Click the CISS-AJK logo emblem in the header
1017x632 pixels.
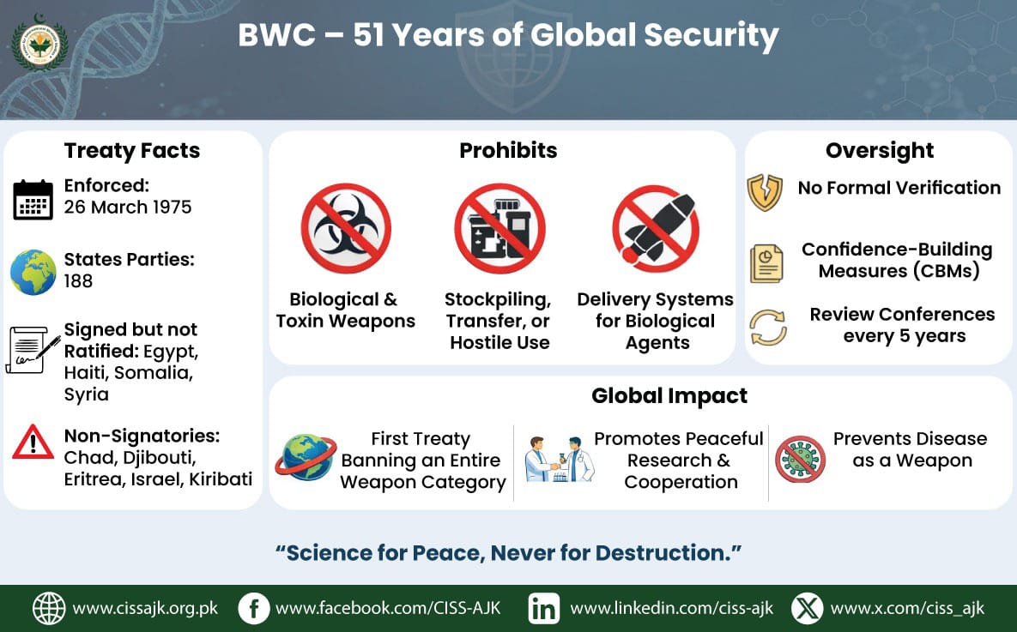click(x=39, y=44)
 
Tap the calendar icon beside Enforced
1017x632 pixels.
click(x=33, y=200)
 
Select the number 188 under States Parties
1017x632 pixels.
click(x=78, y=281)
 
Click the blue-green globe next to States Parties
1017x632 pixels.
click(x=33, y=272)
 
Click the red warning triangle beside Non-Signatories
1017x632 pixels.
click(x=33, y=442)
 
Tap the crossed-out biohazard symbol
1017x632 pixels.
click(x=346, y=228)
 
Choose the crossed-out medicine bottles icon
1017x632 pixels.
click(x=499, y=229)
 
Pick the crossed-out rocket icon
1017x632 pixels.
click(x=656, y=229)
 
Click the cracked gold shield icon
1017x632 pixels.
click(x=765, y=193)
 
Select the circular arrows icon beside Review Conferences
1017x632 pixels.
click(x=768, y=328)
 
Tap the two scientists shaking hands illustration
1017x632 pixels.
click(x=559, y=460)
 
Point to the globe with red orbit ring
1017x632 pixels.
click(x=306, y=458)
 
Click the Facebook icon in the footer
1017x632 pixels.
click(x=253, y=609)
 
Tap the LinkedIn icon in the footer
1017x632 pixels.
click(x=543, y=609)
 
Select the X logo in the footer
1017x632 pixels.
click(x=808, y=609)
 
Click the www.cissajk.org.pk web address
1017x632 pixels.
click(x=145, y=609)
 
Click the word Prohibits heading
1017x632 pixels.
click(x=508, y=150)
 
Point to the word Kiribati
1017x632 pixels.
click(x=221, y=479)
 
